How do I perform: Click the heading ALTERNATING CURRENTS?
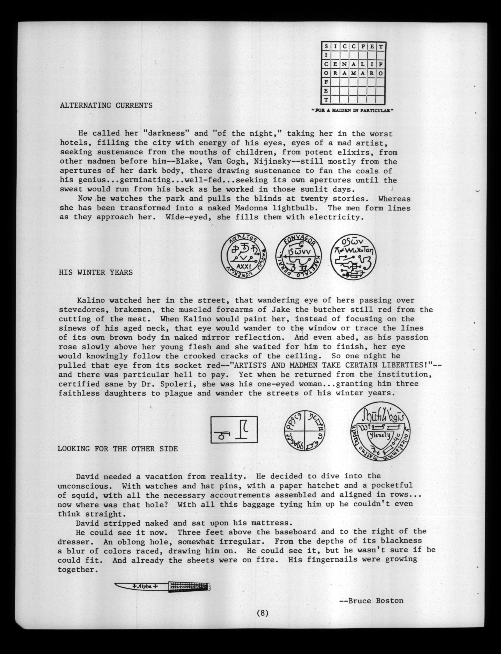106,105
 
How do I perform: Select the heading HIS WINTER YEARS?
96,272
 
